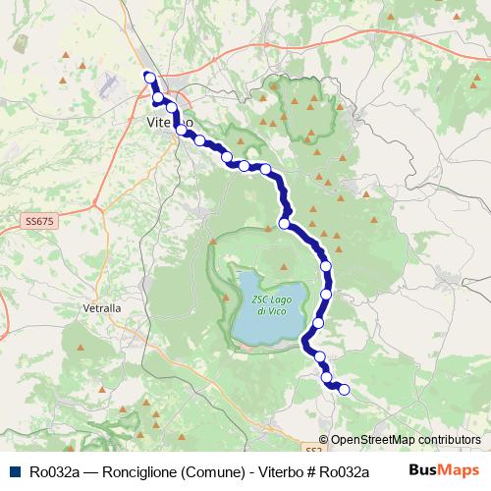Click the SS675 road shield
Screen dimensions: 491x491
tap(40, 222)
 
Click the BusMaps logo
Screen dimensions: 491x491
tap(444, 469)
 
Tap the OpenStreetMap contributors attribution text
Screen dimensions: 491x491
tap(406, 440)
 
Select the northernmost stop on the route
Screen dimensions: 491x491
tap(148, 77)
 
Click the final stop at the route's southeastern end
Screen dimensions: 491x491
tap(344, 390)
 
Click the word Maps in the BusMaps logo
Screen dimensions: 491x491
tap(460, 469)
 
